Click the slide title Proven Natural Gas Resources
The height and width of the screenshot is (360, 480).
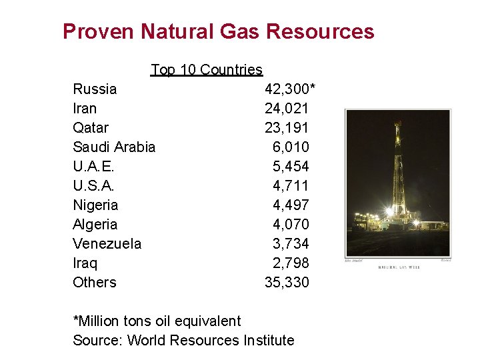[218, 31]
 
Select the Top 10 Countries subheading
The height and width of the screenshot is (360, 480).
[207, 70]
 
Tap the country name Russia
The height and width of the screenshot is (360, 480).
[95, 89]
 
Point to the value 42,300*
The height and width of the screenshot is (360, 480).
[290, 89]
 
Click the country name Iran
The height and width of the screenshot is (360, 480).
[85, 109]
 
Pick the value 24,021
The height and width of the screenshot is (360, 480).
[287, 109]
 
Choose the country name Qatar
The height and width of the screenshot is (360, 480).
[91, 128]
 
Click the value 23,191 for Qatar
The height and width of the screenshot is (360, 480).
[287, 128]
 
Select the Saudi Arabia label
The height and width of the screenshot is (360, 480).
[114, 147]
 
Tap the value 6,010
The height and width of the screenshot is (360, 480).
[291, 147]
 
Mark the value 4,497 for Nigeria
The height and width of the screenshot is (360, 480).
[291, 205]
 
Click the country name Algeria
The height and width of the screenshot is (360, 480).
[95, 225]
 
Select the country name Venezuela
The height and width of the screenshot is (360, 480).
[107, 244]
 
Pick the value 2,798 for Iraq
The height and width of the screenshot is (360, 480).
[291, 263]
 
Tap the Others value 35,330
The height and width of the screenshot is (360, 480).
[287, 283]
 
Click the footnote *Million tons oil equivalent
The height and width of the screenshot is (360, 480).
[157, 321]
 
